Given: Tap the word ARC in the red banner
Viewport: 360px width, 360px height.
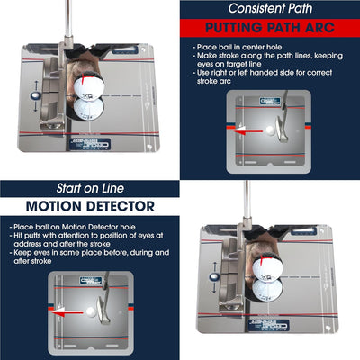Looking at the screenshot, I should (328, 26).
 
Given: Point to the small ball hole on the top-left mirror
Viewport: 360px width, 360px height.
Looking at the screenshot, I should (33, 94).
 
